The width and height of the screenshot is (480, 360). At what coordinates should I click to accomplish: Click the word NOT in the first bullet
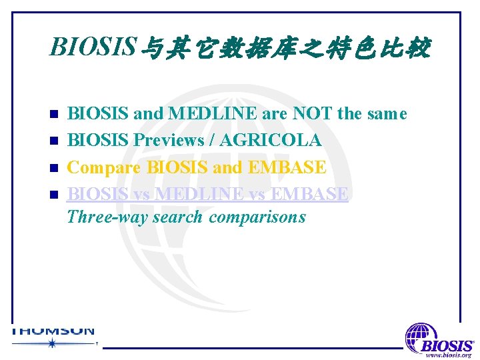point(312,114)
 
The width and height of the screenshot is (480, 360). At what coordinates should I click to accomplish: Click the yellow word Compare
point(104,167)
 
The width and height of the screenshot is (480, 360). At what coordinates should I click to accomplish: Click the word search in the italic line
point(179,217)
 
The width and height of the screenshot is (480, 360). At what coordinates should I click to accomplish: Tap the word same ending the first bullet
point(385,114)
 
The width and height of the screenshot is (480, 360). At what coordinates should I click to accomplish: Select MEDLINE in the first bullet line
point(213,114)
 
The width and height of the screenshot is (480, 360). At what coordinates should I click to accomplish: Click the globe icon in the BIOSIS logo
point(421,336)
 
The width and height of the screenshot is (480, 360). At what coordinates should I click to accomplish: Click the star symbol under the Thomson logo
point(52,343)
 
